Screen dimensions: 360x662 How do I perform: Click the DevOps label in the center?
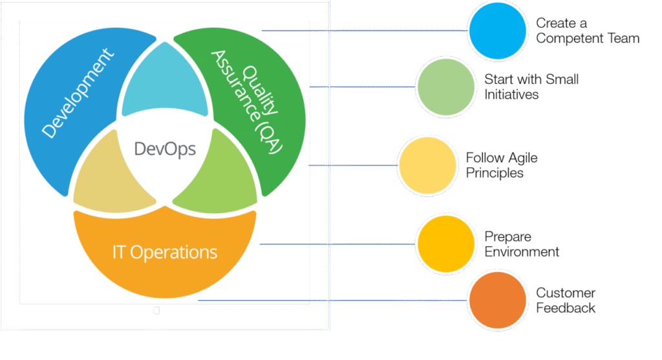pyautogui.click(x=164, y=149)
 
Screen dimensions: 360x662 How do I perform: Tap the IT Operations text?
pyautogui.click(x=165, y=251)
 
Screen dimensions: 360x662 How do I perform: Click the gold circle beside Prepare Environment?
pyautogui.click(x=445, y=244)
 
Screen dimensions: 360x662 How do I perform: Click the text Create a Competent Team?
pyautogui.click(x=587, y=31)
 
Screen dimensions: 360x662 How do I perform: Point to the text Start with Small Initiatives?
pyautogui.click(x=531, y=87)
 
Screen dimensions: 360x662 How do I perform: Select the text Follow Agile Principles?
pyautogui.click(x=502, y=165)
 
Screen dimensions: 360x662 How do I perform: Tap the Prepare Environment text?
pyautogui.click(x=522, y=244)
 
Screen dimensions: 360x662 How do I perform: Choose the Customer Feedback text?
pyautogui.click(x=566, y=301)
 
